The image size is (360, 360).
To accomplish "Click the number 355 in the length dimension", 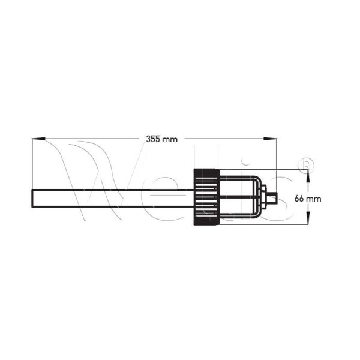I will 153,139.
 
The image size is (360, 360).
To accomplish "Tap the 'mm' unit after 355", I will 170,139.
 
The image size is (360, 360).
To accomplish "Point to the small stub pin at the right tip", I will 272,198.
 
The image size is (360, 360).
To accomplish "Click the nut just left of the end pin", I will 263,198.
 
